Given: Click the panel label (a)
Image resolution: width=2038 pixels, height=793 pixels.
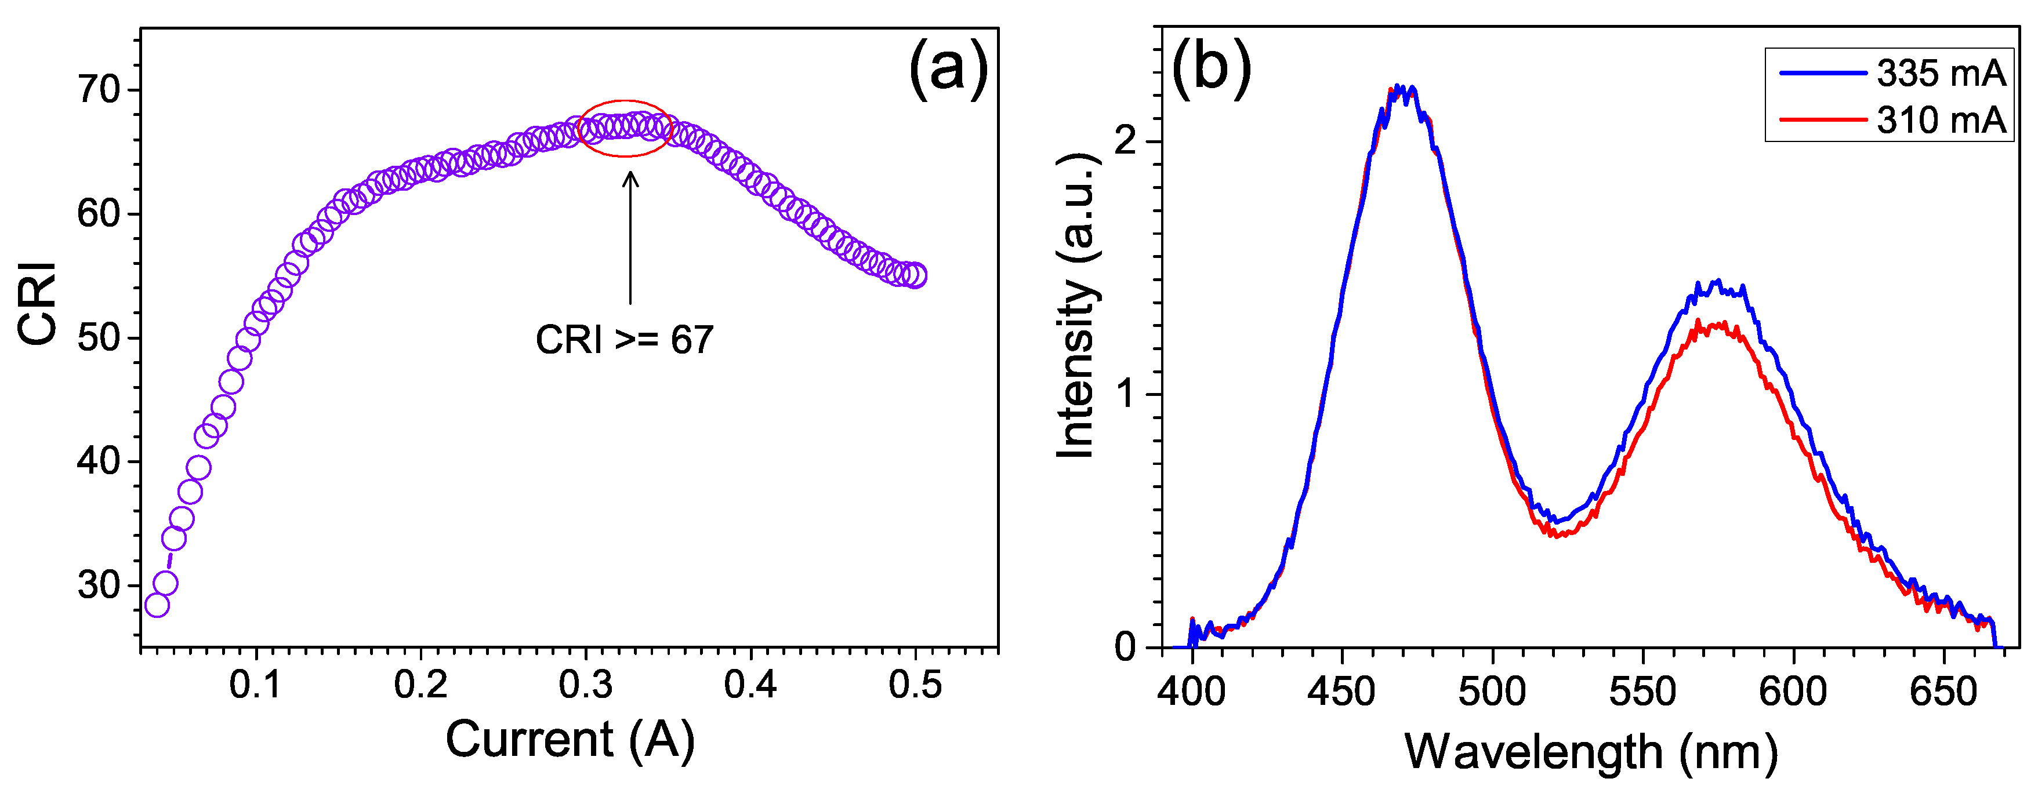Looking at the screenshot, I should click(948, 70).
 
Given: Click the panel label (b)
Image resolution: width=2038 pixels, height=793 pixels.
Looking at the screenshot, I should click(1211, 68).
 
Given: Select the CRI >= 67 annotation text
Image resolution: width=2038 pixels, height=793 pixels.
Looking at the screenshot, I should click(624, 340).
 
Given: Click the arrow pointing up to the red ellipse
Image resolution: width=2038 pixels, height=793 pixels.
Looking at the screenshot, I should click(630, 237).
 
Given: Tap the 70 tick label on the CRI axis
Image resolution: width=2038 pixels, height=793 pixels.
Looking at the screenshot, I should click(99, 90).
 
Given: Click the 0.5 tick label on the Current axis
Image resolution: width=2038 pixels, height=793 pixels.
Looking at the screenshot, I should click(915, 685).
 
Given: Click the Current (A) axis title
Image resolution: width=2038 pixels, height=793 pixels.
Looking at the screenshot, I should click(570, 739).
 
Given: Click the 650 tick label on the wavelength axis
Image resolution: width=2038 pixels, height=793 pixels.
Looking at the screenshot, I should click(1943, 692).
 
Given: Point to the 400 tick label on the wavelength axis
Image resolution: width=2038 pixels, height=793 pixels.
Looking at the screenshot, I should click(1191, 692).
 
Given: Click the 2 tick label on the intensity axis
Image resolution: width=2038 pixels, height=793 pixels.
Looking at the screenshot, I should click(1125, 143).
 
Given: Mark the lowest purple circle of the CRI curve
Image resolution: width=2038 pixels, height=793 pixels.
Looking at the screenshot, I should click(157, 605).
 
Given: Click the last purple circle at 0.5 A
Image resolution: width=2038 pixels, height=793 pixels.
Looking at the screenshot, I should click(915, 276).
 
